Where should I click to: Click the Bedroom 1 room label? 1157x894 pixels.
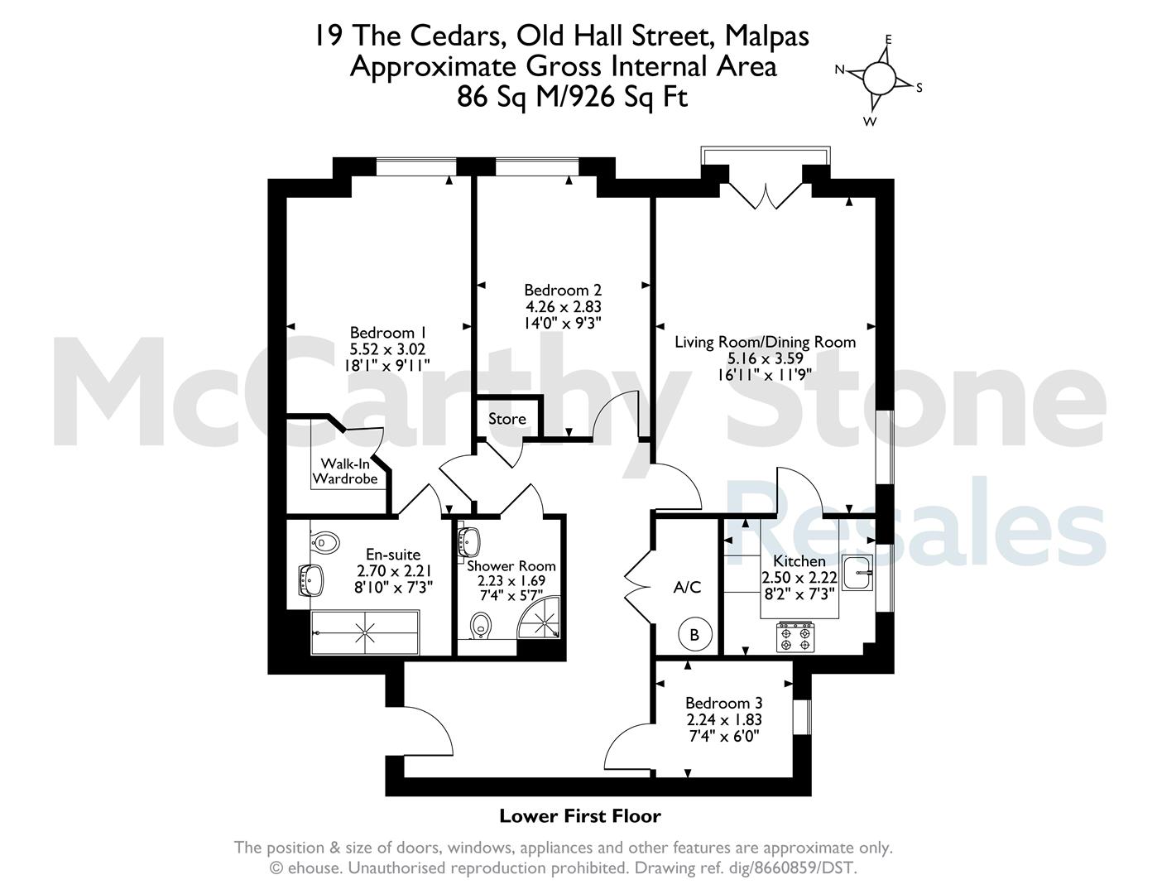pos(388,333)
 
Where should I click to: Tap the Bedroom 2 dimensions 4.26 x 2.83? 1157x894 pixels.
pos(564,307)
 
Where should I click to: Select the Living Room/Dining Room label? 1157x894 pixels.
pos(765,342)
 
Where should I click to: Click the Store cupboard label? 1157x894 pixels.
pos(506,419)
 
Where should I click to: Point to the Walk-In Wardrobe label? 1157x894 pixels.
pos(345,471)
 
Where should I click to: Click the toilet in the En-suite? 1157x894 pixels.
pos(324,543)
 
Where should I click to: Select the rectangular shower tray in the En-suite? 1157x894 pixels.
pos(365,632)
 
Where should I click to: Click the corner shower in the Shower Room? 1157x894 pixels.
pos(540,618)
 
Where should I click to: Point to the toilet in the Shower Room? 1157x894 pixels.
pos(481,626)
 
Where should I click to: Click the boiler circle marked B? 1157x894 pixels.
pos(694,635)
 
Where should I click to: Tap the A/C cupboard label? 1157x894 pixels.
pos(688,587)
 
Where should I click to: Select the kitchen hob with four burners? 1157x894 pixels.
pos(796,637)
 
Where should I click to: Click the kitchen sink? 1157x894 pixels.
pos(857,573)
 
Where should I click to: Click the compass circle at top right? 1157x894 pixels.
pos(880,78)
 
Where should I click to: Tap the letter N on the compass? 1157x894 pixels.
pos(840,70)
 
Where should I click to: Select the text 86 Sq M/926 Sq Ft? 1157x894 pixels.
pos(573,97)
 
